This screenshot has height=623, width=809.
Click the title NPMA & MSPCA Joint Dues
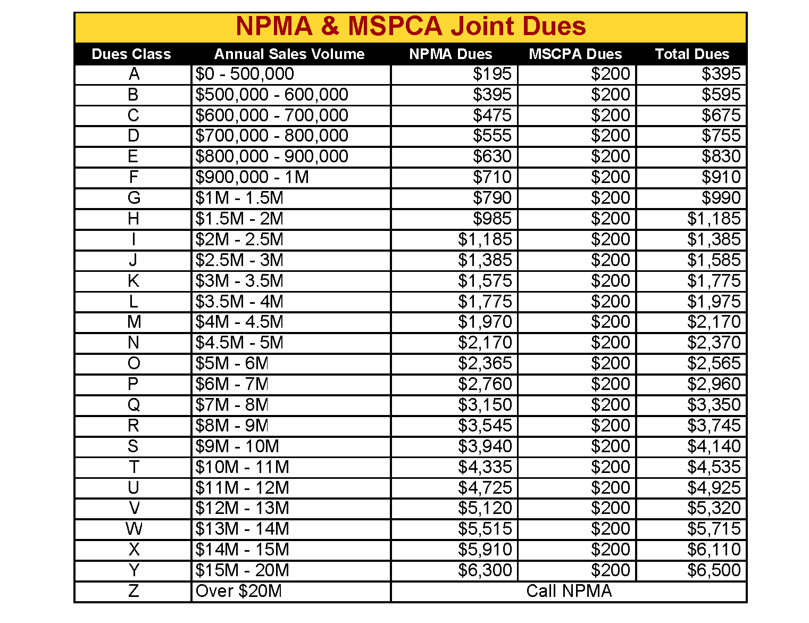click(x=410, y=27)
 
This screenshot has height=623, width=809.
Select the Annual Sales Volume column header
click(x=289, y=54)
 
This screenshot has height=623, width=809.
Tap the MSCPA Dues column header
click(x=575, y=54)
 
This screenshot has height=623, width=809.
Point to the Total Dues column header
click(x=692, y=54)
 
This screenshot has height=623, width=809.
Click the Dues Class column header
click(x=131, y=54)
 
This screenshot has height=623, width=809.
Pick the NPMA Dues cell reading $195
click(x=492, y=74)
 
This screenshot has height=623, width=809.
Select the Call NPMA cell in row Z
click(x=569, y=591)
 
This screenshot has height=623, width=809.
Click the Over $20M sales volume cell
click(x=239, y=591)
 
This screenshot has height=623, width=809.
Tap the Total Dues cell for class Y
click(x=713, y=570)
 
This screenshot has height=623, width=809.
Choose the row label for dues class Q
click(x=134, y=405)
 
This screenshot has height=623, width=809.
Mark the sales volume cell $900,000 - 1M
click(x=252, y=177)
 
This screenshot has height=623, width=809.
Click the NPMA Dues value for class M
click(x=485, y=322)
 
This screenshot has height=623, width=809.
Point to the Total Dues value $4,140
click(x=713, y=446)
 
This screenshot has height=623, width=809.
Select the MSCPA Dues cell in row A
click(x=610, y=74)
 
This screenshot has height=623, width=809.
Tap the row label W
click(x=134, y=529)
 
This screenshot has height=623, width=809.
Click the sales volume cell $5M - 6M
click(x=232, y=363)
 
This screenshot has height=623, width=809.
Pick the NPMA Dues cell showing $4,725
click(x=485, y=488)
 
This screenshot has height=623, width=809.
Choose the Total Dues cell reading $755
click(x=721, y=136)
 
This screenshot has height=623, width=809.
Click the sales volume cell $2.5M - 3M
click(x=239, y=260)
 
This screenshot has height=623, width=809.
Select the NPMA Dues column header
click(x=451, y=54)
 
